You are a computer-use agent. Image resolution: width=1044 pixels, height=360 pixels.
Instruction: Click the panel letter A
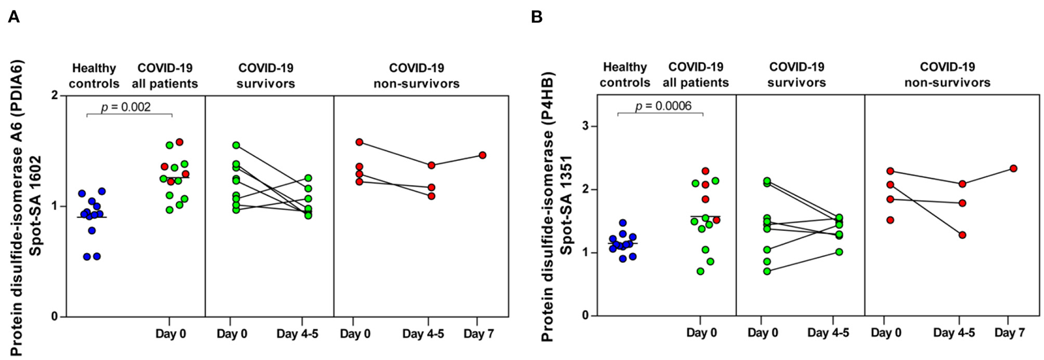pos(14,17)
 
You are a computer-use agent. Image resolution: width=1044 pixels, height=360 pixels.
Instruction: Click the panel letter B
pos(536,17)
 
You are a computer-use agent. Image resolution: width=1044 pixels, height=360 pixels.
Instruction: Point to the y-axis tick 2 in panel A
pos(55,95)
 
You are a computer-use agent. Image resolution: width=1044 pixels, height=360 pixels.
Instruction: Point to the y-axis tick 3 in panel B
pos(586,126)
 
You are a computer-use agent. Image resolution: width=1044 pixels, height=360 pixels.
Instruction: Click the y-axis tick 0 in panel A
pos(55,317)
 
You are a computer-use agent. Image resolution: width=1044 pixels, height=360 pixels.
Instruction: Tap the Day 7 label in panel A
pos(478,334)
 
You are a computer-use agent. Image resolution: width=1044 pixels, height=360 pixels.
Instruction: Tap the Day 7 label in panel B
pos(1010,333)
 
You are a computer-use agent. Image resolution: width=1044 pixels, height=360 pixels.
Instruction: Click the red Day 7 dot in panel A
pos(483,155)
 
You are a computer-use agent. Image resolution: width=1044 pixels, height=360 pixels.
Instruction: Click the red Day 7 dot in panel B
pos(1013,169)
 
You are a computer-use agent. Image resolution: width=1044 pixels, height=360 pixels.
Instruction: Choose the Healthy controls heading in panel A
pos(94,75)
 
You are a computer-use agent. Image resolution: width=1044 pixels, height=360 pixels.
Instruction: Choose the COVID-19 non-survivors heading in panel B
pos(947,75)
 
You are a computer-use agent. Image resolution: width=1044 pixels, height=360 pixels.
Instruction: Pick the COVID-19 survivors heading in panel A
pos(265,75)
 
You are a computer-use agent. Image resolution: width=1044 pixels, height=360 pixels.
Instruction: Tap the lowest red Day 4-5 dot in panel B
pos(962,235)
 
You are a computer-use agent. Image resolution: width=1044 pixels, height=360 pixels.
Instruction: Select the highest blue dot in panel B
pos(622,223)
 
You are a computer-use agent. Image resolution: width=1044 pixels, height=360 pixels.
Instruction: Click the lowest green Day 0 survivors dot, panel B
pos(767,271)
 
